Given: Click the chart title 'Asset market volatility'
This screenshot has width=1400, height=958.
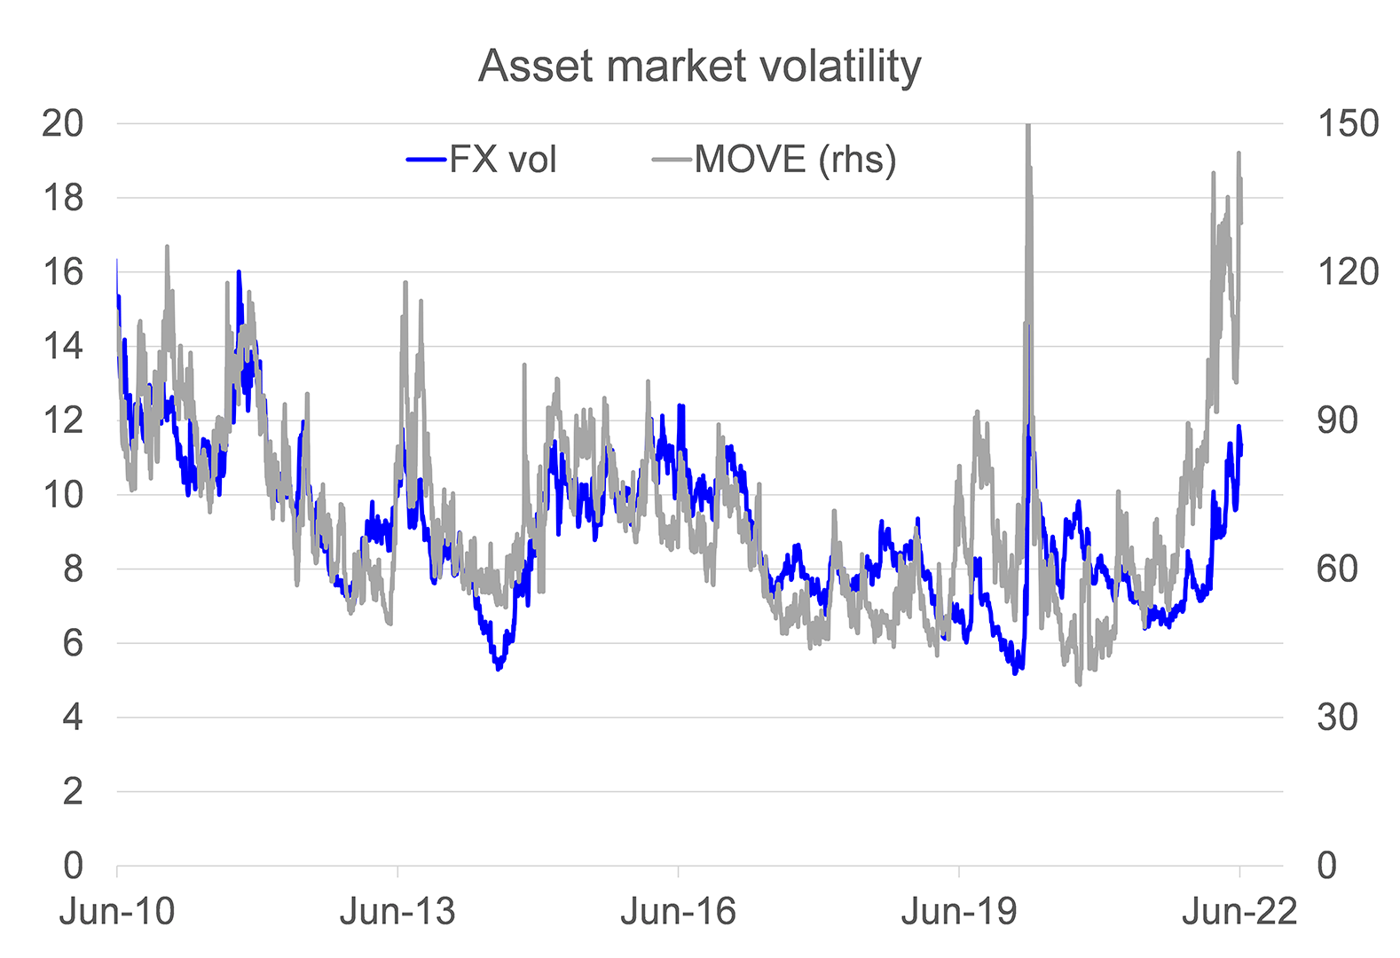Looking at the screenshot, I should click(699, 67).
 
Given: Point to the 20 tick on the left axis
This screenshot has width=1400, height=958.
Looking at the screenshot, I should click(62, 123).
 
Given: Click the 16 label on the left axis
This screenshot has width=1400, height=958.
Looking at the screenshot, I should click(62, 272).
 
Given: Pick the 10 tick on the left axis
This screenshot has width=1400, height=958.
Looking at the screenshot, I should click(62, 495).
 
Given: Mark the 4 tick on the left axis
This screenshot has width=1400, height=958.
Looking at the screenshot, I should click(72, 718).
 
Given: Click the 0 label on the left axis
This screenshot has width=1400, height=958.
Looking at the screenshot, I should click(72, 866).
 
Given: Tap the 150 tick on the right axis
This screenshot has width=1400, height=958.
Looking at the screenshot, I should click(1348, 123).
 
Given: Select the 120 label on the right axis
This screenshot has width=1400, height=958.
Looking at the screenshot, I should click(1348, 272).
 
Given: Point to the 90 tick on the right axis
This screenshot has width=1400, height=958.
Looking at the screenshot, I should click(1337, 420).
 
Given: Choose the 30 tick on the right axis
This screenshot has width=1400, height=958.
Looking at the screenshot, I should click(1337, 718).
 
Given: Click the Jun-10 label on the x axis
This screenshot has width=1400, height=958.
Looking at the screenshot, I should click(117, 912).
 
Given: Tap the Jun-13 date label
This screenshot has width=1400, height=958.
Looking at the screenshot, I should click(397, 912).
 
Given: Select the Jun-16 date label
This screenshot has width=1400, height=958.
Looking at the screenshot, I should click(678, 912).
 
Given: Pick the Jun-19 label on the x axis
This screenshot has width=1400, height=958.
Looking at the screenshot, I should click(958, 912).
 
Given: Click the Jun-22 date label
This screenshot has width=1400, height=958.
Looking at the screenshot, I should click(1239, 912).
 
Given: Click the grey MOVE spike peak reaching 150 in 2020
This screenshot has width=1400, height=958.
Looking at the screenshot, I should click(1027, 127).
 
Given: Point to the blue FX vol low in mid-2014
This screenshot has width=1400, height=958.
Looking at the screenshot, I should click(499, 668).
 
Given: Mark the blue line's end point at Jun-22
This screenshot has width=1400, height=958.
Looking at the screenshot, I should click(1241, 446).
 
